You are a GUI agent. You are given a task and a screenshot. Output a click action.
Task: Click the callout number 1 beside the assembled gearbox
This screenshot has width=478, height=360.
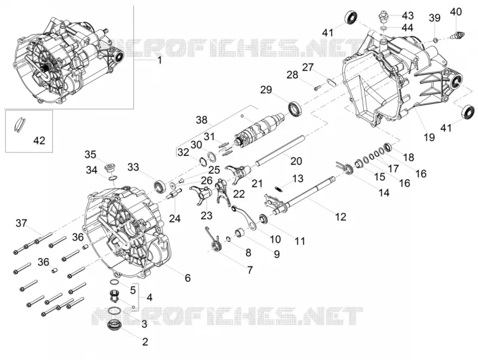click(159, 60)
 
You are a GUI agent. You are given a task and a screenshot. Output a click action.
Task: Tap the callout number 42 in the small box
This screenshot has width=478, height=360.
click(39, 141)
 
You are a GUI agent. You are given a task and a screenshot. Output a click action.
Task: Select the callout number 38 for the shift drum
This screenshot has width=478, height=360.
click(201, 120)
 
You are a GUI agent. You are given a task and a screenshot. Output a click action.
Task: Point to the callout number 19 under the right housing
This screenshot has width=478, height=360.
click(429, 137)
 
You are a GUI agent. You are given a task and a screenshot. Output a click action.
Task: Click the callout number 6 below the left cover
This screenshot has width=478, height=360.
click(188, 278)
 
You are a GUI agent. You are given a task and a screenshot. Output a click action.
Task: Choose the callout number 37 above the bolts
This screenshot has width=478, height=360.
click(22, 223)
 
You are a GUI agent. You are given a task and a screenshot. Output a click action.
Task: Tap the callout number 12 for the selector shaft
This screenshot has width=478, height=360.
click(341, 217)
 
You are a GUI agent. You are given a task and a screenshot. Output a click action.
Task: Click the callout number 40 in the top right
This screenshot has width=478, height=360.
click(456, 11)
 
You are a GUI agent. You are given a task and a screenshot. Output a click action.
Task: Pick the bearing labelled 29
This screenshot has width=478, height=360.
click(295, 109)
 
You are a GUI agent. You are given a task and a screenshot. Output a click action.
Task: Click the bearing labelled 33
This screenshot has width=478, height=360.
click(160, 186)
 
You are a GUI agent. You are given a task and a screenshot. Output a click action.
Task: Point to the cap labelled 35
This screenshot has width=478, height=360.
click(109, 168)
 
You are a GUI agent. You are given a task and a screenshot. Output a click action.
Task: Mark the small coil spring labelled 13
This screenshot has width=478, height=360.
click(278, 189)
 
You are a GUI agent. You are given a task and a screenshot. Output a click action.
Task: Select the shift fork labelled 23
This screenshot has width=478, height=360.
click(201, 195)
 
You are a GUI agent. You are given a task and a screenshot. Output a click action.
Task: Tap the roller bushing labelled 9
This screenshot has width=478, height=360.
click(240, 233)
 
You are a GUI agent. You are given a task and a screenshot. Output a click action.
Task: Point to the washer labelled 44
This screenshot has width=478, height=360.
click(384, 28)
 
